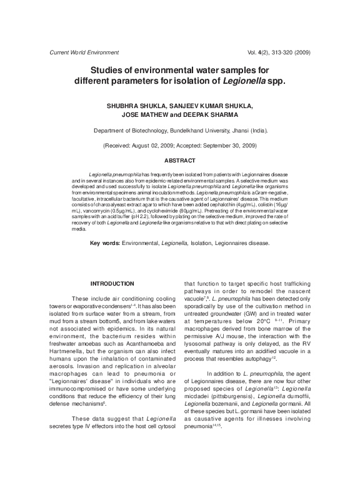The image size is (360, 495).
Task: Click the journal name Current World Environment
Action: pyautogui.click(x=84, y=52)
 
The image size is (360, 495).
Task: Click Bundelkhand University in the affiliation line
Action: pyautogui.click(x=198, y=131)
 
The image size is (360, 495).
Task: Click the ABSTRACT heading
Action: pyautogui.click(x=180, y=161)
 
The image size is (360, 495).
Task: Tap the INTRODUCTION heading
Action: pyautogui.click(x=112, y=283)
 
